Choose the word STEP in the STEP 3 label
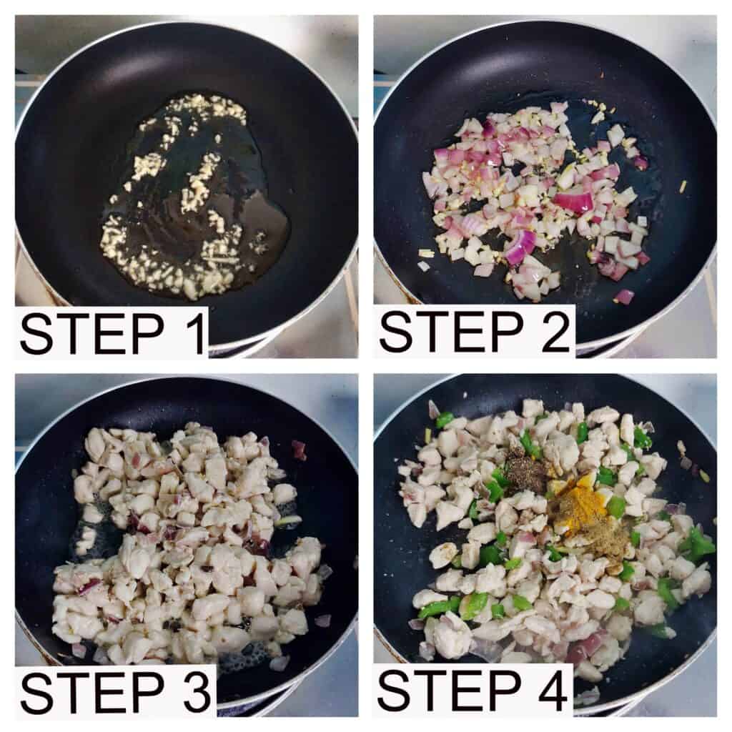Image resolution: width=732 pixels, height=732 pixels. [x=91, y=691]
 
